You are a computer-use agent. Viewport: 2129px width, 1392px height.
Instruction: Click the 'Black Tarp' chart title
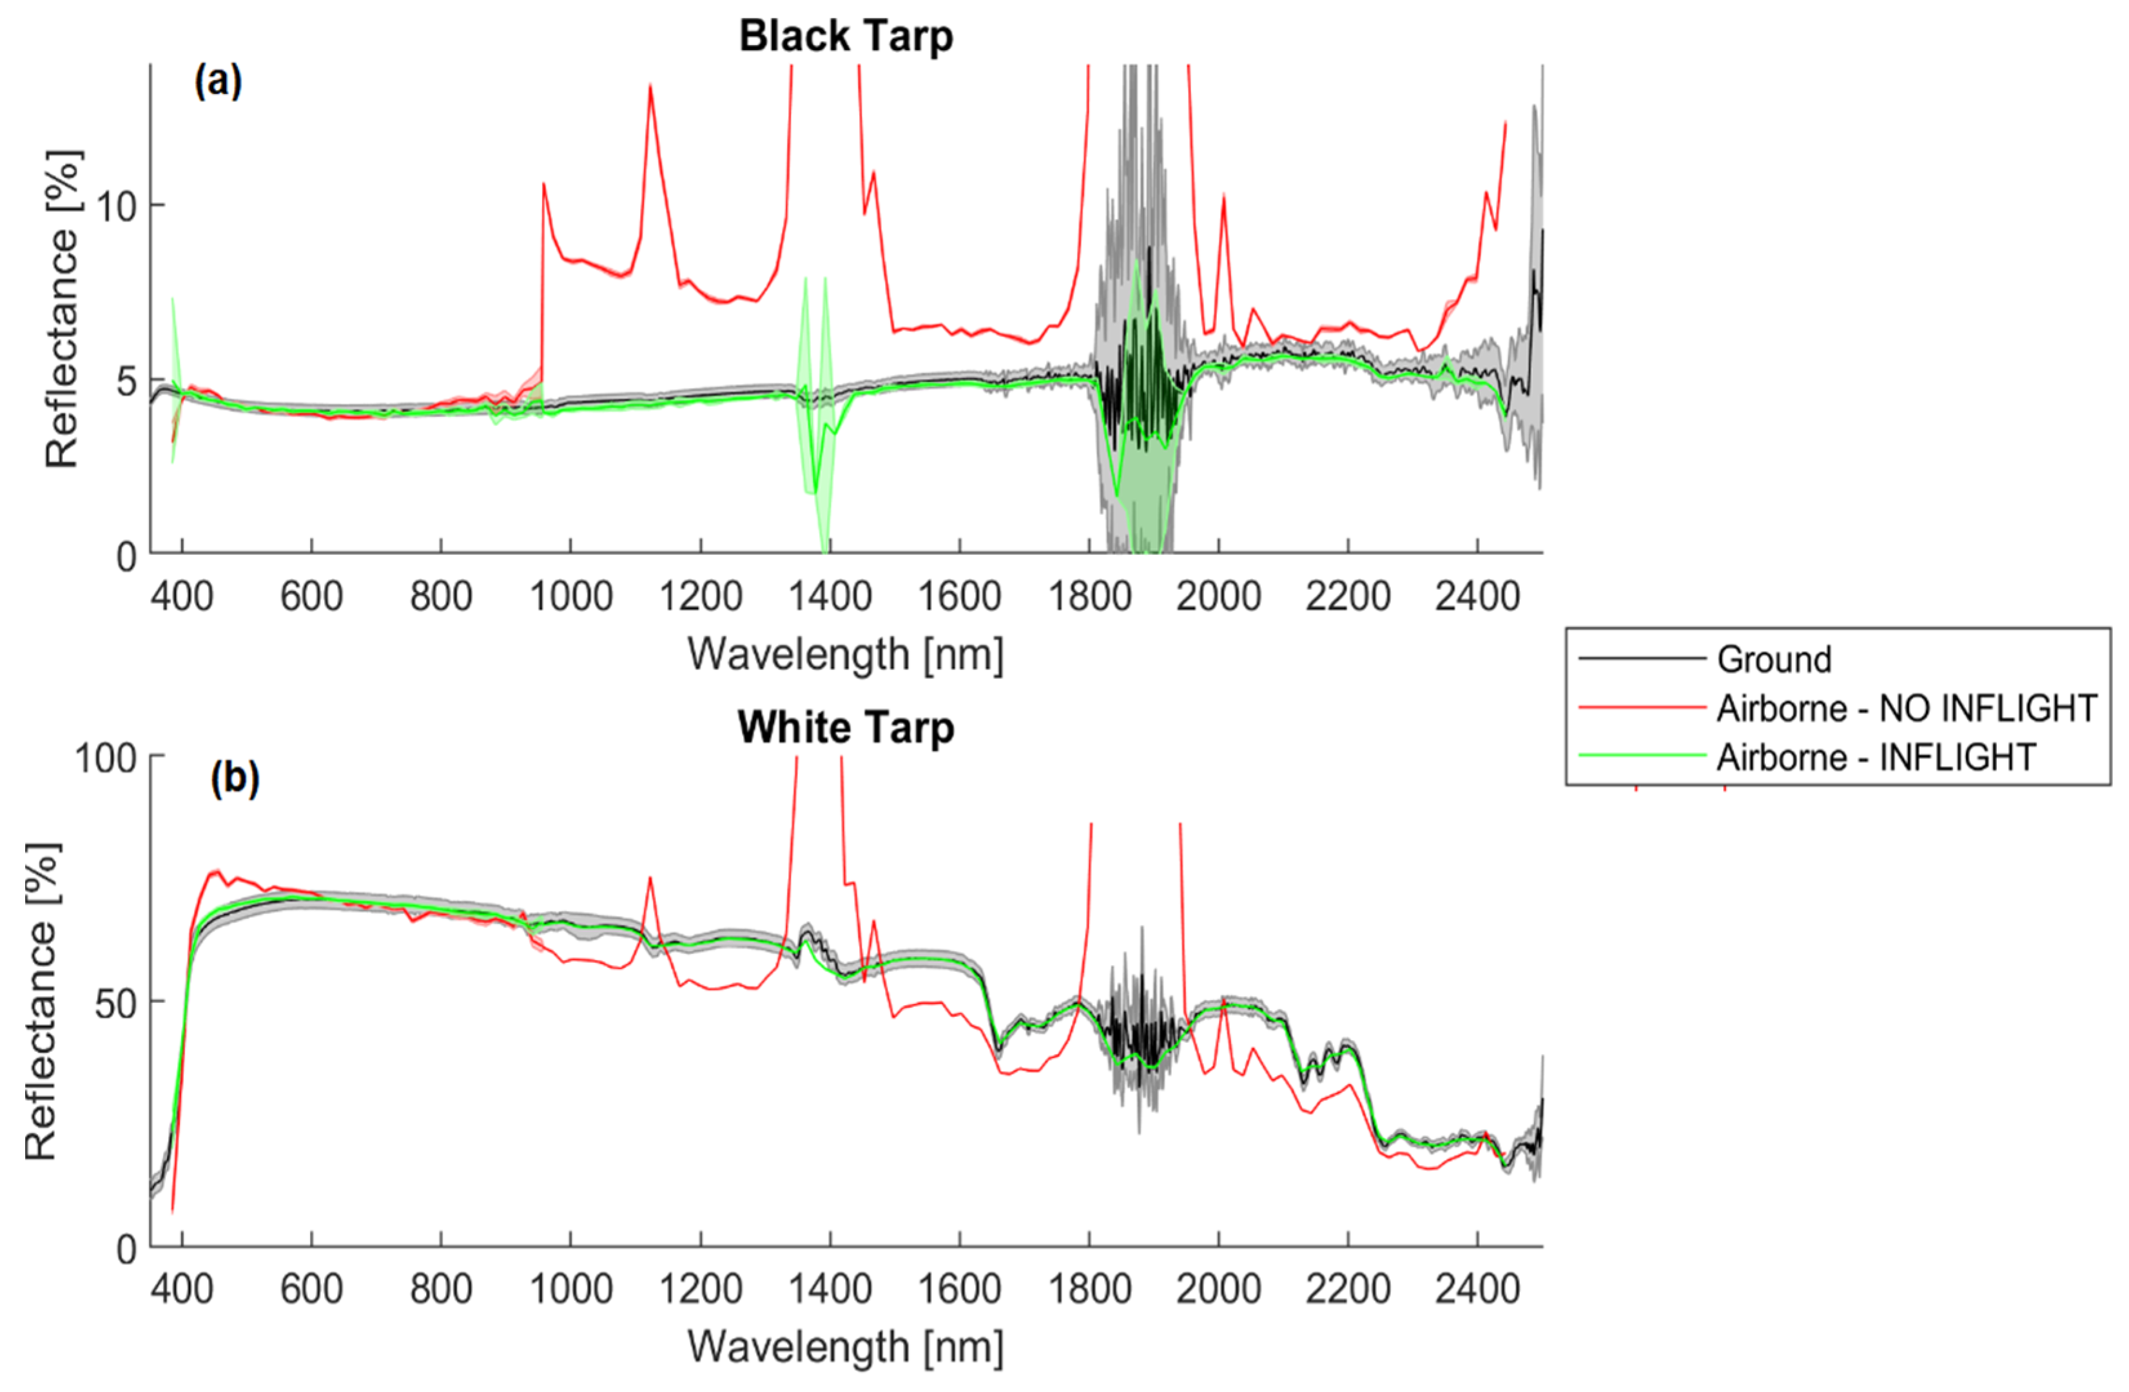pyautogui.click(x=845, y=37)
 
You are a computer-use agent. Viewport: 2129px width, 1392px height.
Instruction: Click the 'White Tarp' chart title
pyautogui.click(x=845, y=728)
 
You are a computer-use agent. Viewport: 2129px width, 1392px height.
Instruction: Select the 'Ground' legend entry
pyautogui.click(x=1773, y=659)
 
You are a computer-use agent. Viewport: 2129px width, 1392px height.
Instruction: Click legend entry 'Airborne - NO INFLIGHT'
pyautogui.click(x=1905, y=708)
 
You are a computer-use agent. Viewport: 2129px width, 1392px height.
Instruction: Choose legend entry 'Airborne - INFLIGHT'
pyautogui.click(x=1875, y=758)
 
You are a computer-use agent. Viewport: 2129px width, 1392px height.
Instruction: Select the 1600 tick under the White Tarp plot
pyautogui.click(x=959, y=1289)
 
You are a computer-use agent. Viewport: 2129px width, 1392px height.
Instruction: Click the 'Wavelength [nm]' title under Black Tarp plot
pyautogui.click(x=845, y=654)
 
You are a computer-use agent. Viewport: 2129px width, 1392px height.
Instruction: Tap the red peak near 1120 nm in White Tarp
pyautogui.click(x=650, y=878)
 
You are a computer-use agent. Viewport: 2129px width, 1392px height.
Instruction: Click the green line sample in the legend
pyautogui.click(x=1642, y=757)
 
